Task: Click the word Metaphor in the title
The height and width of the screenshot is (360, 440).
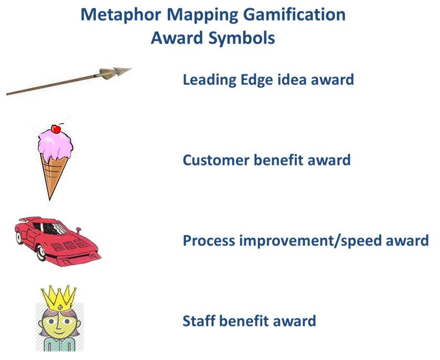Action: coord(121,15)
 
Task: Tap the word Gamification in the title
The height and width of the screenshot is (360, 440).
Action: coord(294,15)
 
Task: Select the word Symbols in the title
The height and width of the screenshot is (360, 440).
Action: coord(241,38)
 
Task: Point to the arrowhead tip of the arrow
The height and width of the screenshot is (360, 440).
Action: coord(131,69)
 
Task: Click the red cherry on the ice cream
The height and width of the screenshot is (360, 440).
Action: coord(56,129)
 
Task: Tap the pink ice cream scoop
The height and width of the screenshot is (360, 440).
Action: coord(55,147)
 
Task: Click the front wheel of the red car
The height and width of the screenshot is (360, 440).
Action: coord(41,252)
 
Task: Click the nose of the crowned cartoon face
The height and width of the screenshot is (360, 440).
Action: coord(58,325)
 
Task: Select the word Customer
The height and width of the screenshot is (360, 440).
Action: coord(216,160)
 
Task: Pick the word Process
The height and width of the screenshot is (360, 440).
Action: coord(209,241)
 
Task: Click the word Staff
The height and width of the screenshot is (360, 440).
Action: coord(199,321)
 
